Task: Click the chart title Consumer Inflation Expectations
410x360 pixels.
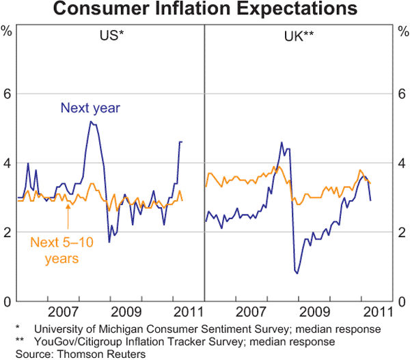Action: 205,10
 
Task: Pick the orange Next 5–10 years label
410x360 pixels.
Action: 59,249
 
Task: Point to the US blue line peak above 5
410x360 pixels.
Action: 91,122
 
